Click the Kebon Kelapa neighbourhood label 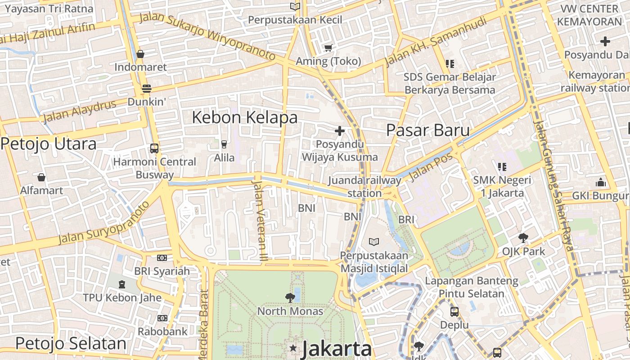click(245, 117)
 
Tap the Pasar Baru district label click(428, 130)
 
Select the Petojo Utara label click(49, 144)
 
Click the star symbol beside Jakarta click(293, 348)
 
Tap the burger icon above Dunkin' click(146, 89)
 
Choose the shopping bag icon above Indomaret click(140, 54)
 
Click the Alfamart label click(41, 190)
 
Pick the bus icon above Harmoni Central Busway click(154, 148)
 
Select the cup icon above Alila click(224, 144)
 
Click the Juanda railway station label click(364, 187)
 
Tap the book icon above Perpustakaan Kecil click(295, 7)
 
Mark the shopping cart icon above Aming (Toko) click(328, 48)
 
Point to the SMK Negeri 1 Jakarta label click(502, 187)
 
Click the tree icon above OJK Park click(523, 237)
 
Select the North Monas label click(290, 311)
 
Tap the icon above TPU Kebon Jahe click(121, 284)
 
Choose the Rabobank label click(162, 332)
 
